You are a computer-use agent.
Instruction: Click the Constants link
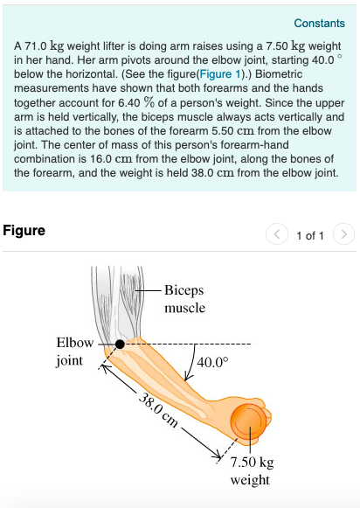[x=319, y=24]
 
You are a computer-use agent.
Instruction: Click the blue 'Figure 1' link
[x=220, y=74]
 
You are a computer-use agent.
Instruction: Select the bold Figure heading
[x=24, y=231]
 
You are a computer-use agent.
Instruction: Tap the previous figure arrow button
[x=277, y=234]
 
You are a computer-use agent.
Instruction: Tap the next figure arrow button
[x=343, y=234]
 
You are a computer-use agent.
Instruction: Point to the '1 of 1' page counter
[x=310, y=235]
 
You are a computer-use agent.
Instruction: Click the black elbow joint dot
[x=120, y=344]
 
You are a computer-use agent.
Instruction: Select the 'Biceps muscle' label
[x=184, y=299]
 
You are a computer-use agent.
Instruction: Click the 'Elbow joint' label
[x=75, y=351]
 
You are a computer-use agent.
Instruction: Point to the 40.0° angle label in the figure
[x=212, y=362]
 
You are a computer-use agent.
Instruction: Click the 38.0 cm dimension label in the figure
[x=158, y=409]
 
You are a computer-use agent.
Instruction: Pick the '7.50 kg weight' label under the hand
[x=252, y=470]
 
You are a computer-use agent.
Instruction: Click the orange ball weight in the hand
[x=248, y=421]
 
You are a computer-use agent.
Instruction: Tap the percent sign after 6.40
[x=149, y=102]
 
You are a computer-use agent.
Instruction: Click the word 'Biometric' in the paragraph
[x=279, y=74]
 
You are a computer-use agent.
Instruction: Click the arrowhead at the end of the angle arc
[x=189, y=377]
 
